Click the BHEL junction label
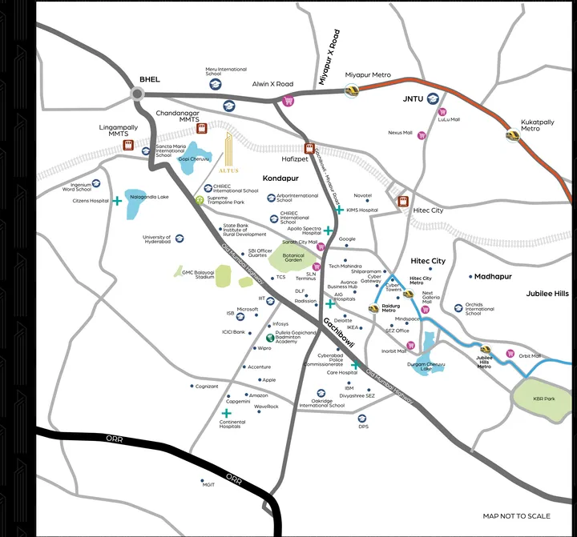(x=150, y=79)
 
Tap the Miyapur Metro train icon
(x=351, y=90)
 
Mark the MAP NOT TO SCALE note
(x=516, y=516)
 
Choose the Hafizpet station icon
(x=309, y=148)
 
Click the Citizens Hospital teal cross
(x=118, y=201)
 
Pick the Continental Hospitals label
(x=232, y=425)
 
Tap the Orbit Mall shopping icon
(x=510, y=353)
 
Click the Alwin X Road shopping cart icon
(x=287, y=100)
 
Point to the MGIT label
(x=209, y=484)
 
